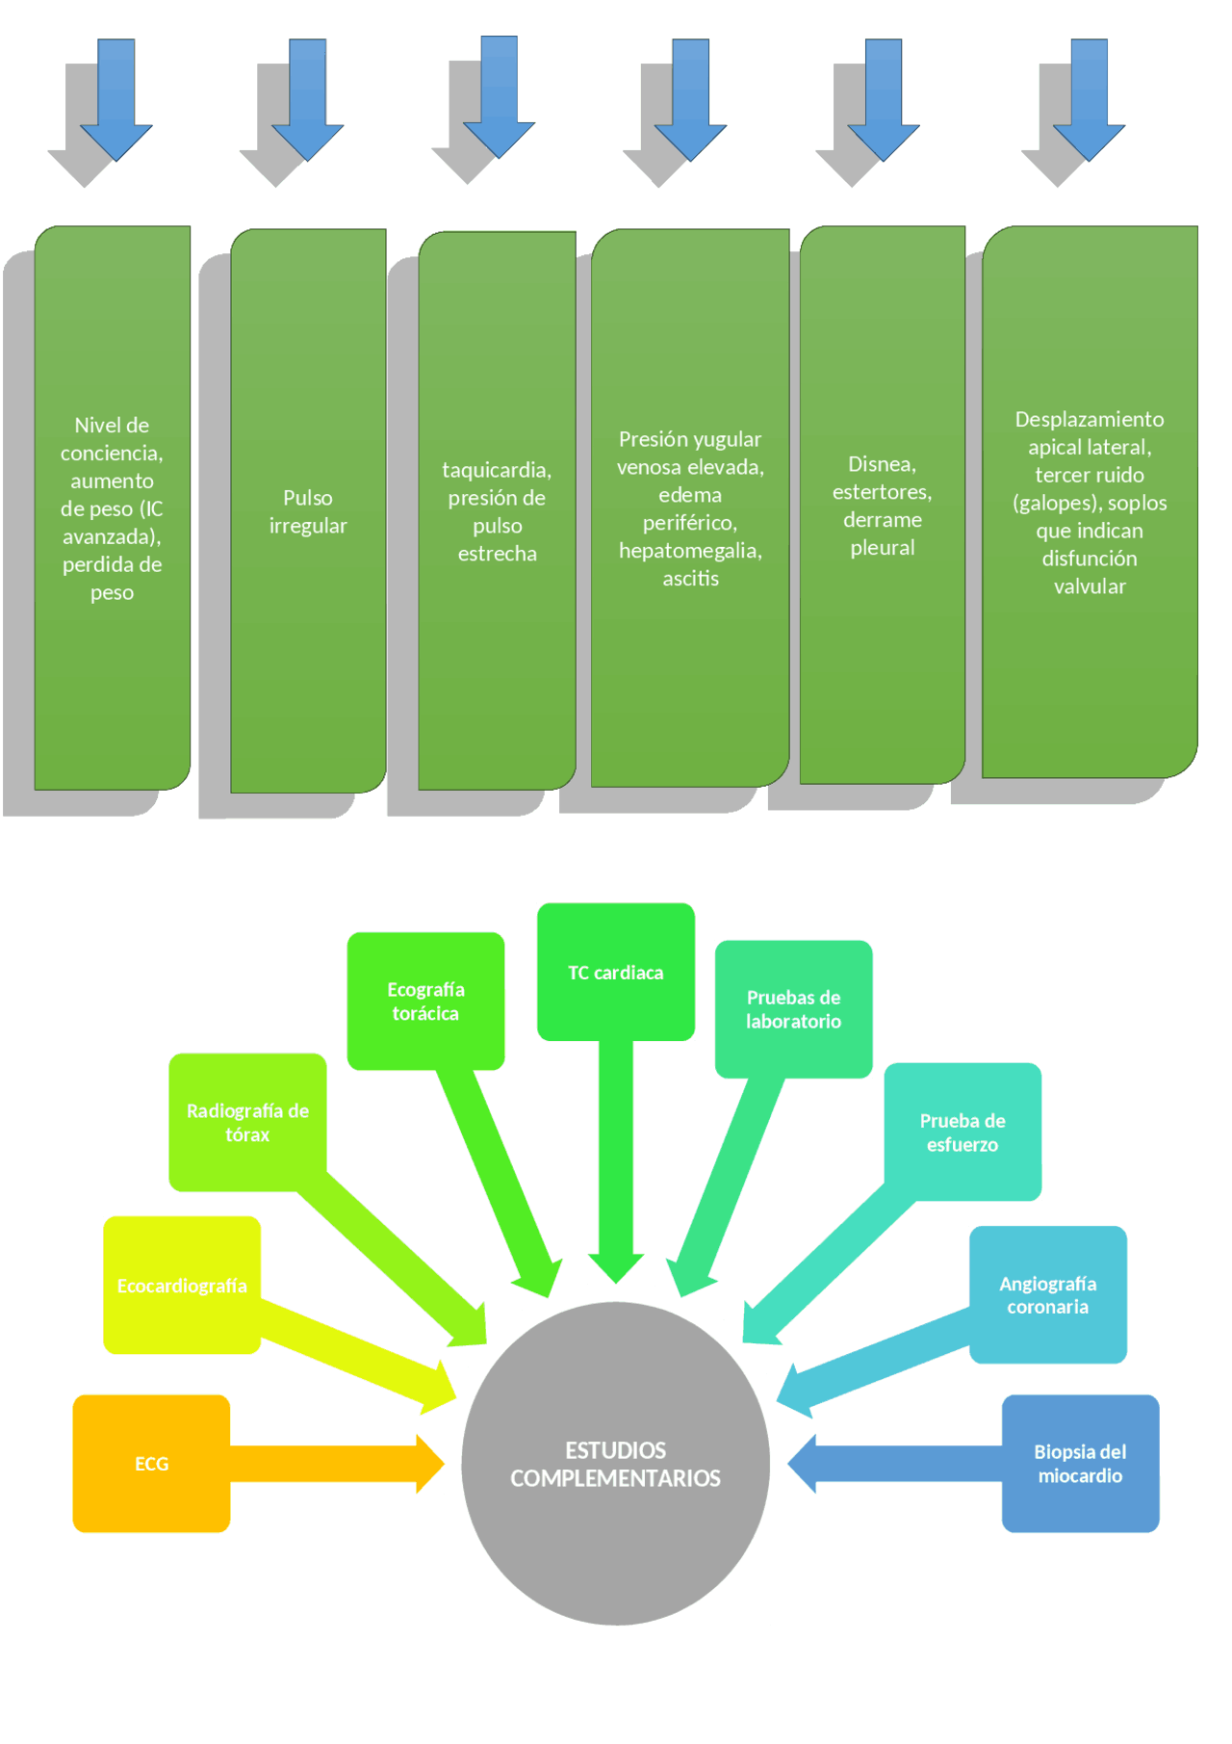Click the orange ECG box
pyautogui.click(x=151, y=1463)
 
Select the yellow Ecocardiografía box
pyautogui.click(x=182, y=1285)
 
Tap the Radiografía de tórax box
pyautogui.click(x=247, y=1121)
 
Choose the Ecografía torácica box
pyautogui.click(x=425, y=1001)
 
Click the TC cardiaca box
pyautogui.click(x=615, y=972)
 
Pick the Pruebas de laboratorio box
pyautogui.click(x=793, y=1008)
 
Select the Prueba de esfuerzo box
pyautogui.click(x=962, y=1132)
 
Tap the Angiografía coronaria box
pyautogui.click(x=1047, y=1294)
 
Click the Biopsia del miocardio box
pyautogui.click(x=1079, y=1463)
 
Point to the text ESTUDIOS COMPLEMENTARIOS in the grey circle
pyautogui.click(x=615, y=1464)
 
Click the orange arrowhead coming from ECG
pyautogui.click(x=429, y=1464)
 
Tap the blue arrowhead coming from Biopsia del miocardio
pyautogui.click(x=803, y=1464)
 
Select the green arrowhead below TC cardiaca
pyautogui.click(x=616, y=1267)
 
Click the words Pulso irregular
pyautogui.click(x=308, y=511)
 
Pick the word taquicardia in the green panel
pyautogui.click(x=496, y=470)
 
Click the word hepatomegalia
pyautogui.click(x=689, y=550)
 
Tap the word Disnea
pyautogui.click(x=881, y=464)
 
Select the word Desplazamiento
pyautogui.click(x=1089, y=419)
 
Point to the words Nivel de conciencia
pyautogui.click(x=112, y=438)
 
